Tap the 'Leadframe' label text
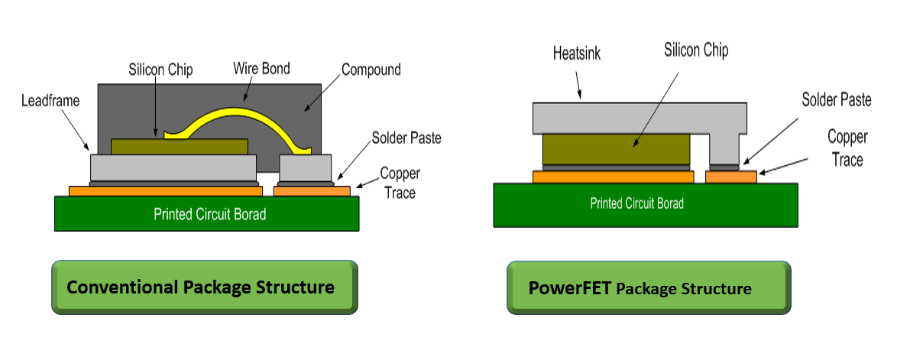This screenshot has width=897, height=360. coord(50,102)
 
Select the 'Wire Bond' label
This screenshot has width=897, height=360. coord(261,69)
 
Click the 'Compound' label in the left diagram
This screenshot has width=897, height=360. coord(371,70)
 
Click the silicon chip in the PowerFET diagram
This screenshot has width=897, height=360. coord(616,149)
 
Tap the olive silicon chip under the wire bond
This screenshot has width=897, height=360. coord(180,147)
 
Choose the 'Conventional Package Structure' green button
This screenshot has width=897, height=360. coord(205,287)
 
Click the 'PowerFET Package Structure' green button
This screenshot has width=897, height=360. coord(649,287)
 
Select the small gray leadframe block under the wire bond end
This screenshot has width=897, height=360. coord(305,167)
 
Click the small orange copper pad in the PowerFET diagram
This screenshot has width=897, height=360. coord(731,177)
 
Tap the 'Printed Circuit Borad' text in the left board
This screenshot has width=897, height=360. coord(210,214)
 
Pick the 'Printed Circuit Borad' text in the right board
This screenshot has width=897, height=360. coord(636,203)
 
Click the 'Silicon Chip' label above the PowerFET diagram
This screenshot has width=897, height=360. coord(696,50)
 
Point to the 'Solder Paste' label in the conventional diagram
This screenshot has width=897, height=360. coord(406,138)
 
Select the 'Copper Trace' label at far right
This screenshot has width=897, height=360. coord(847,148)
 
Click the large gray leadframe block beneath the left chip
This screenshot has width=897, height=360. coord(173,167)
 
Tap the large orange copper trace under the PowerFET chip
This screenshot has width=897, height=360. coord(614,177)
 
